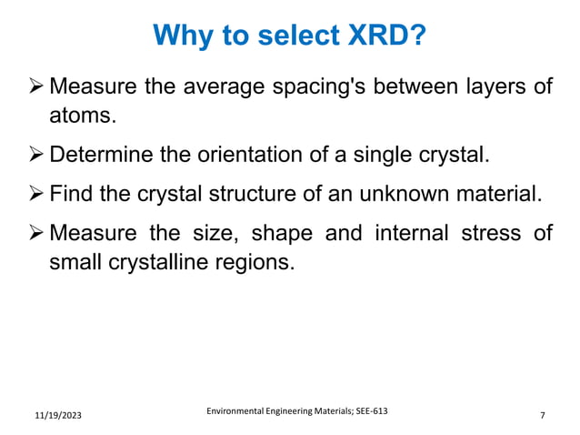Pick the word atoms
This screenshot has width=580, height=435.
83,117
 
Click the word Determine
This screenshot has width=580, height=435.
101,155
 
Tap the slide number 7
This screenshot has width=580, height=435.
542,416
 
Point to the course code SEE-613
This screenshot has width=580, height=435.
369,410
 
